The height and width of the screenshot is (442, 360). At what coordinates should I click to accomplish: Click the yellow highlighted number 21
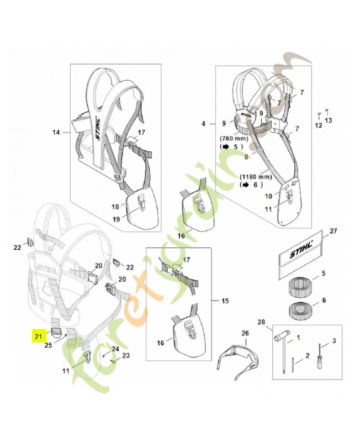pos(38,335)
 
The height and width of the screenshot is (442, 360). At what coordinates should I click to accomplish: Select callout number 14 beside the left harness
pos(56,132)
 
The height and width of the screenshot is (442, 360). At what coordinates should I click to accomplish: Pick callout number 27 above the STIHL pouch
pos(332,231)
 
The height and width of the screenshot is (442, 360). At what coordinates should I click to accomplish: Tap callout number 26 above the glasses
pos(246,333)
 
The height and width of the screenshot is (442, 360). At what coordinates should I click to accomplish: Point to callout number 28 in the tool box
pos(262,322)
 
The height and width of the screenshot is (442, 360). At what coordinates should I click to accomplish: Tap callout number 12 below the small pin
pos(317,125)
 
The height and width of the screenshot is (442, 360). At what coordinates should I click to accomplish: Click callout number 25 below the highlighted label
pos(47,345)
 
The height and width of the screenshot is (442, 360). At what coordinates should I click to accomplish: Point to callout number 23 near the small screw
pos(125,356)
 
